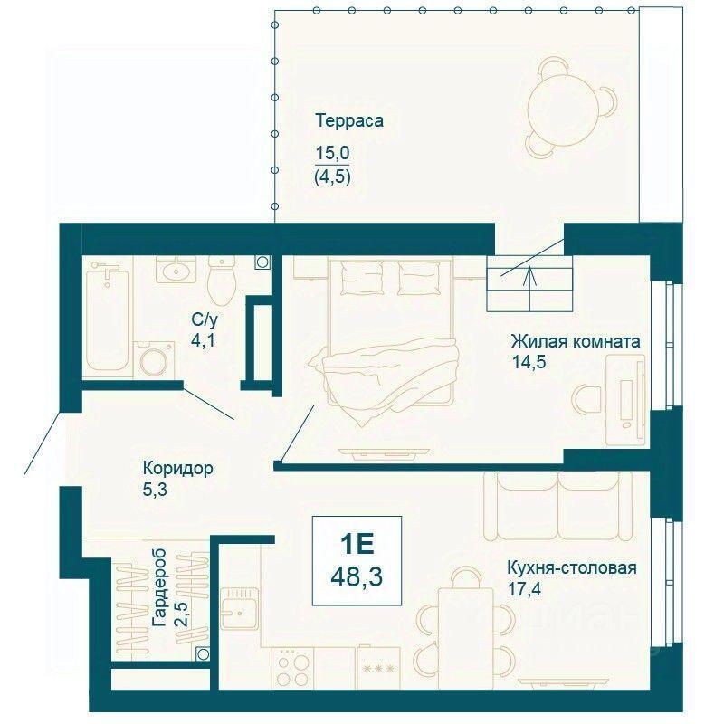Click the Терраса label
point(349,120)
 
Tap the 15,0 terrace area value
point(332,153)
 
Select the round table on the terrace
point(564,106)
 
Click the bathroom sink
point(176,270)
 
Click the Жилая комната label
point(576,342)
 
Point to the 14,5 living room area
point(529,362)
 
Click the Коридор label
point(177,468)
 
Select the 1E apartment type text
point(357,544)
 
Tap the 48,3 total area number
point(357,576)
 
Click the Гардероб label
point(159,587)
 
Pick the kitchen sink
point(239,608)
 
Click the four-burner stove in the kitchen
point(292,667)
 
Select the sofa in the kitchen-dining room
point(557,506)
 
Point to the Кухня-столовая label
point(572,568)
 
